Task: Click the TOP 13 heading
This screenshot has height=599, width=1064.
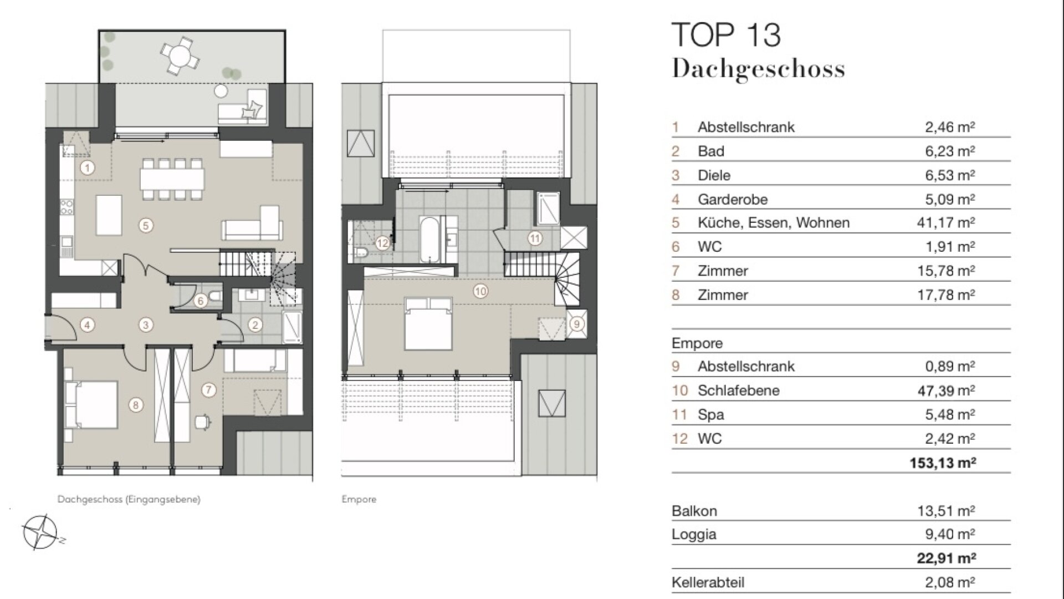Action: (726, 35)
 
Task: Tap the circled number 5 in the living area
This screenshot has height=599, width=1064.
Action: (146, 226)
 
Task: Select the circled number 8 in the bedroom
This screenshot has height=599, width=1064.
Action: (136, 405)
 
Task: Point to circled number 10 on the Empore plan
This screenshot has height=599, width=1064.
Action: (480, 291)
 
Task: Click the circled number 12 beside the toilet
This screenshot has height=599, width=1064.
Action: (382, 243)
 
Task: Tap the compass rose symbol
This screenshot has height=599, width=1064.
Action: (40, 532)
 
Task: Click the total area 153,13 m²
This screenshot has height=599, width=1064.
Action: (943, 463)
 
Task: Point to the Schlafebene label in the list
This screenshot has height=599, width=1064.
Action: (738, 390)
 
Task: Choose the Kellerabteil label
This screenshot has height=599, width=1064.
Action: (708, 582)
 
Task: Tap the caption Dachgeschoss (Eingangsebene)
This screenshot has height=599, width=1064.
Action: (129, 499)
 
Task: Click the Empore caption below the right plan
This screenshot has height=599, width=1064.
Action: (359, 499)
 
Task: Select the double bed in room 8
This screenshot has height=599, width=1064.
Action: (91, 405)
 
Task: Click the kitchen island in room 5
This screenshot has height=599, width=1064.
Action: (109, 215)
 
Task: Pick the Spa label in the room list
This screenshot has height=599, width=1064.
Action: (711, 415)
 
